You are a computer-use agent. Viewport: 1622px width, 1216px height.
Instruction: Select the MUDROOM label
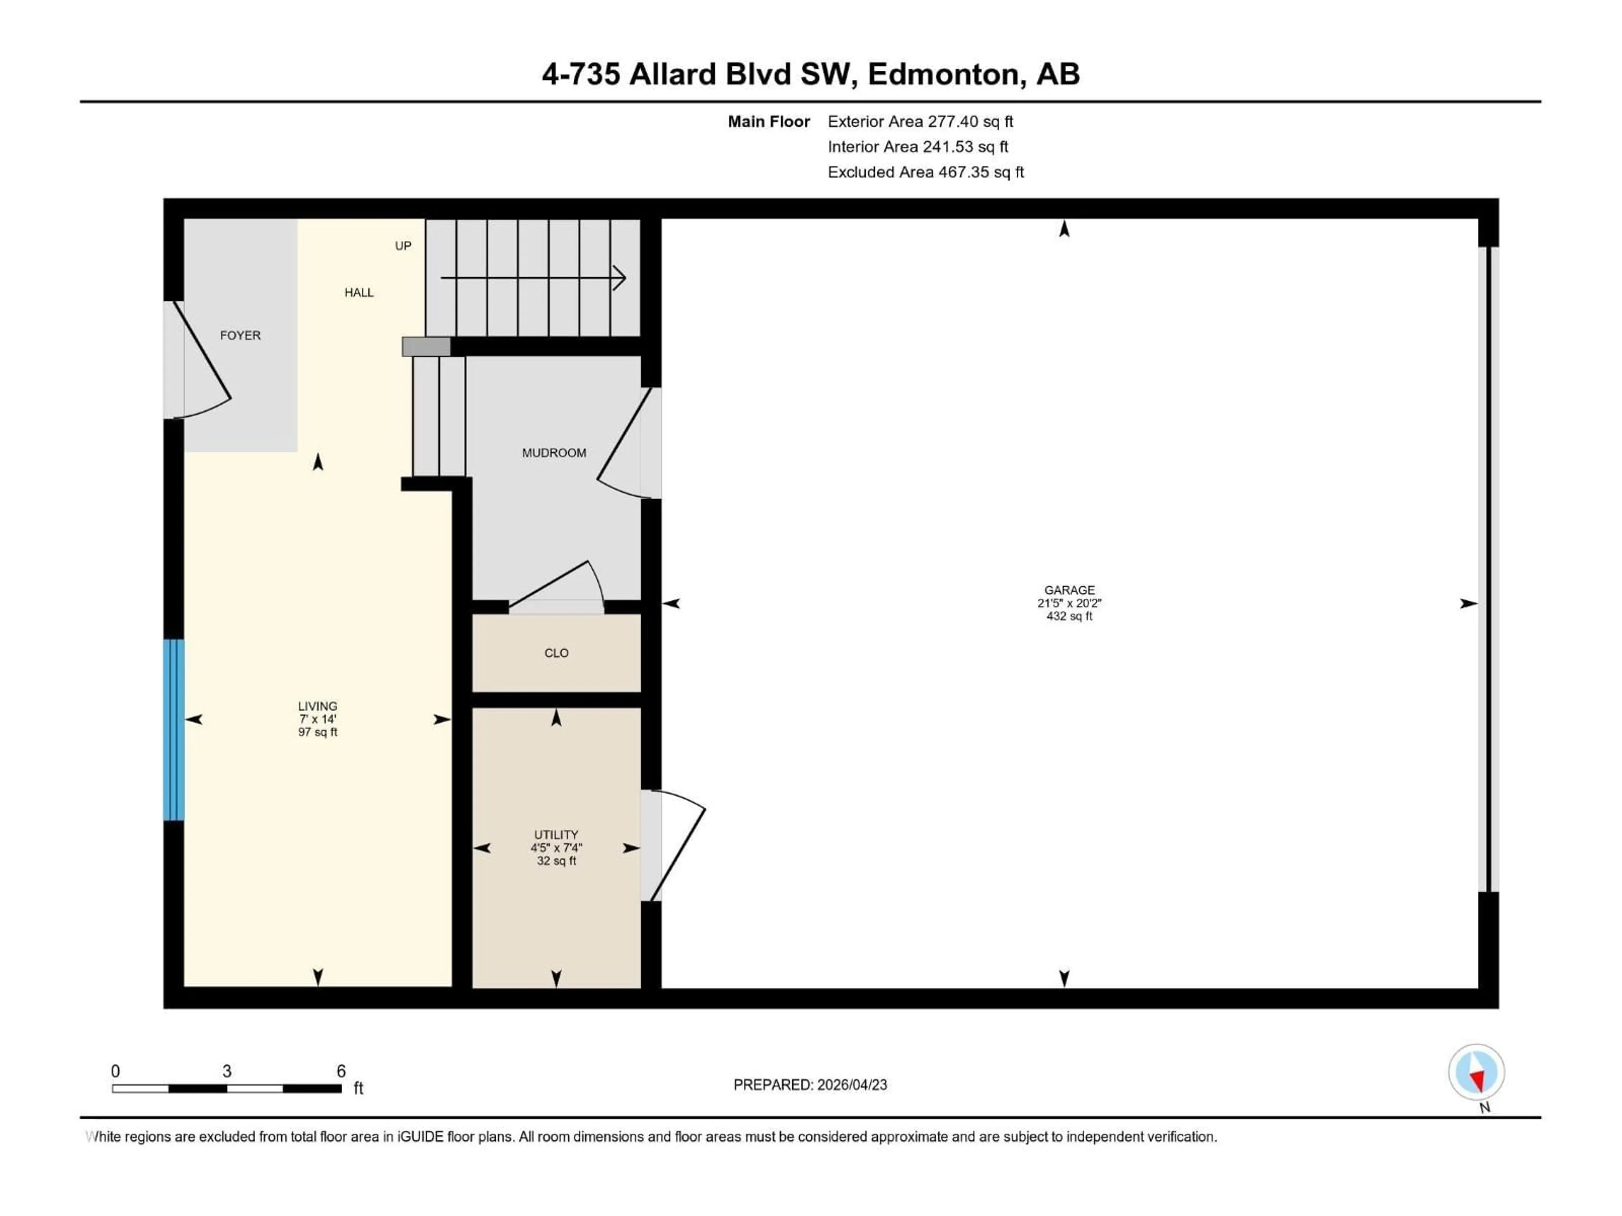554,453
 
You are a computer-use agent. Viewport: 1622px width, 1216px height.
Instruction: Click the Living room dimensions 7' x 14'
318,719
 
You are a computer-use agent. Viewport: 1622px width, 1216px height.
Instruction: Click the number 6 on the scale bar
341,1071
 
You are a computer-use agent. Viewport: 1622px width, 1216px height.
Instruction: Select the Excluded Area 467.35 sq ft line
925,172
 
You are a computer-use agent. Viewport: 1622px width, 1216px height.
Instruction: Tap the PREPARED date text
810,1085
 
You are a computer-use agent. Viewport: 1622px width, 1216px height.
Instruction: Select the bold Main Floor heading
768,122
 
